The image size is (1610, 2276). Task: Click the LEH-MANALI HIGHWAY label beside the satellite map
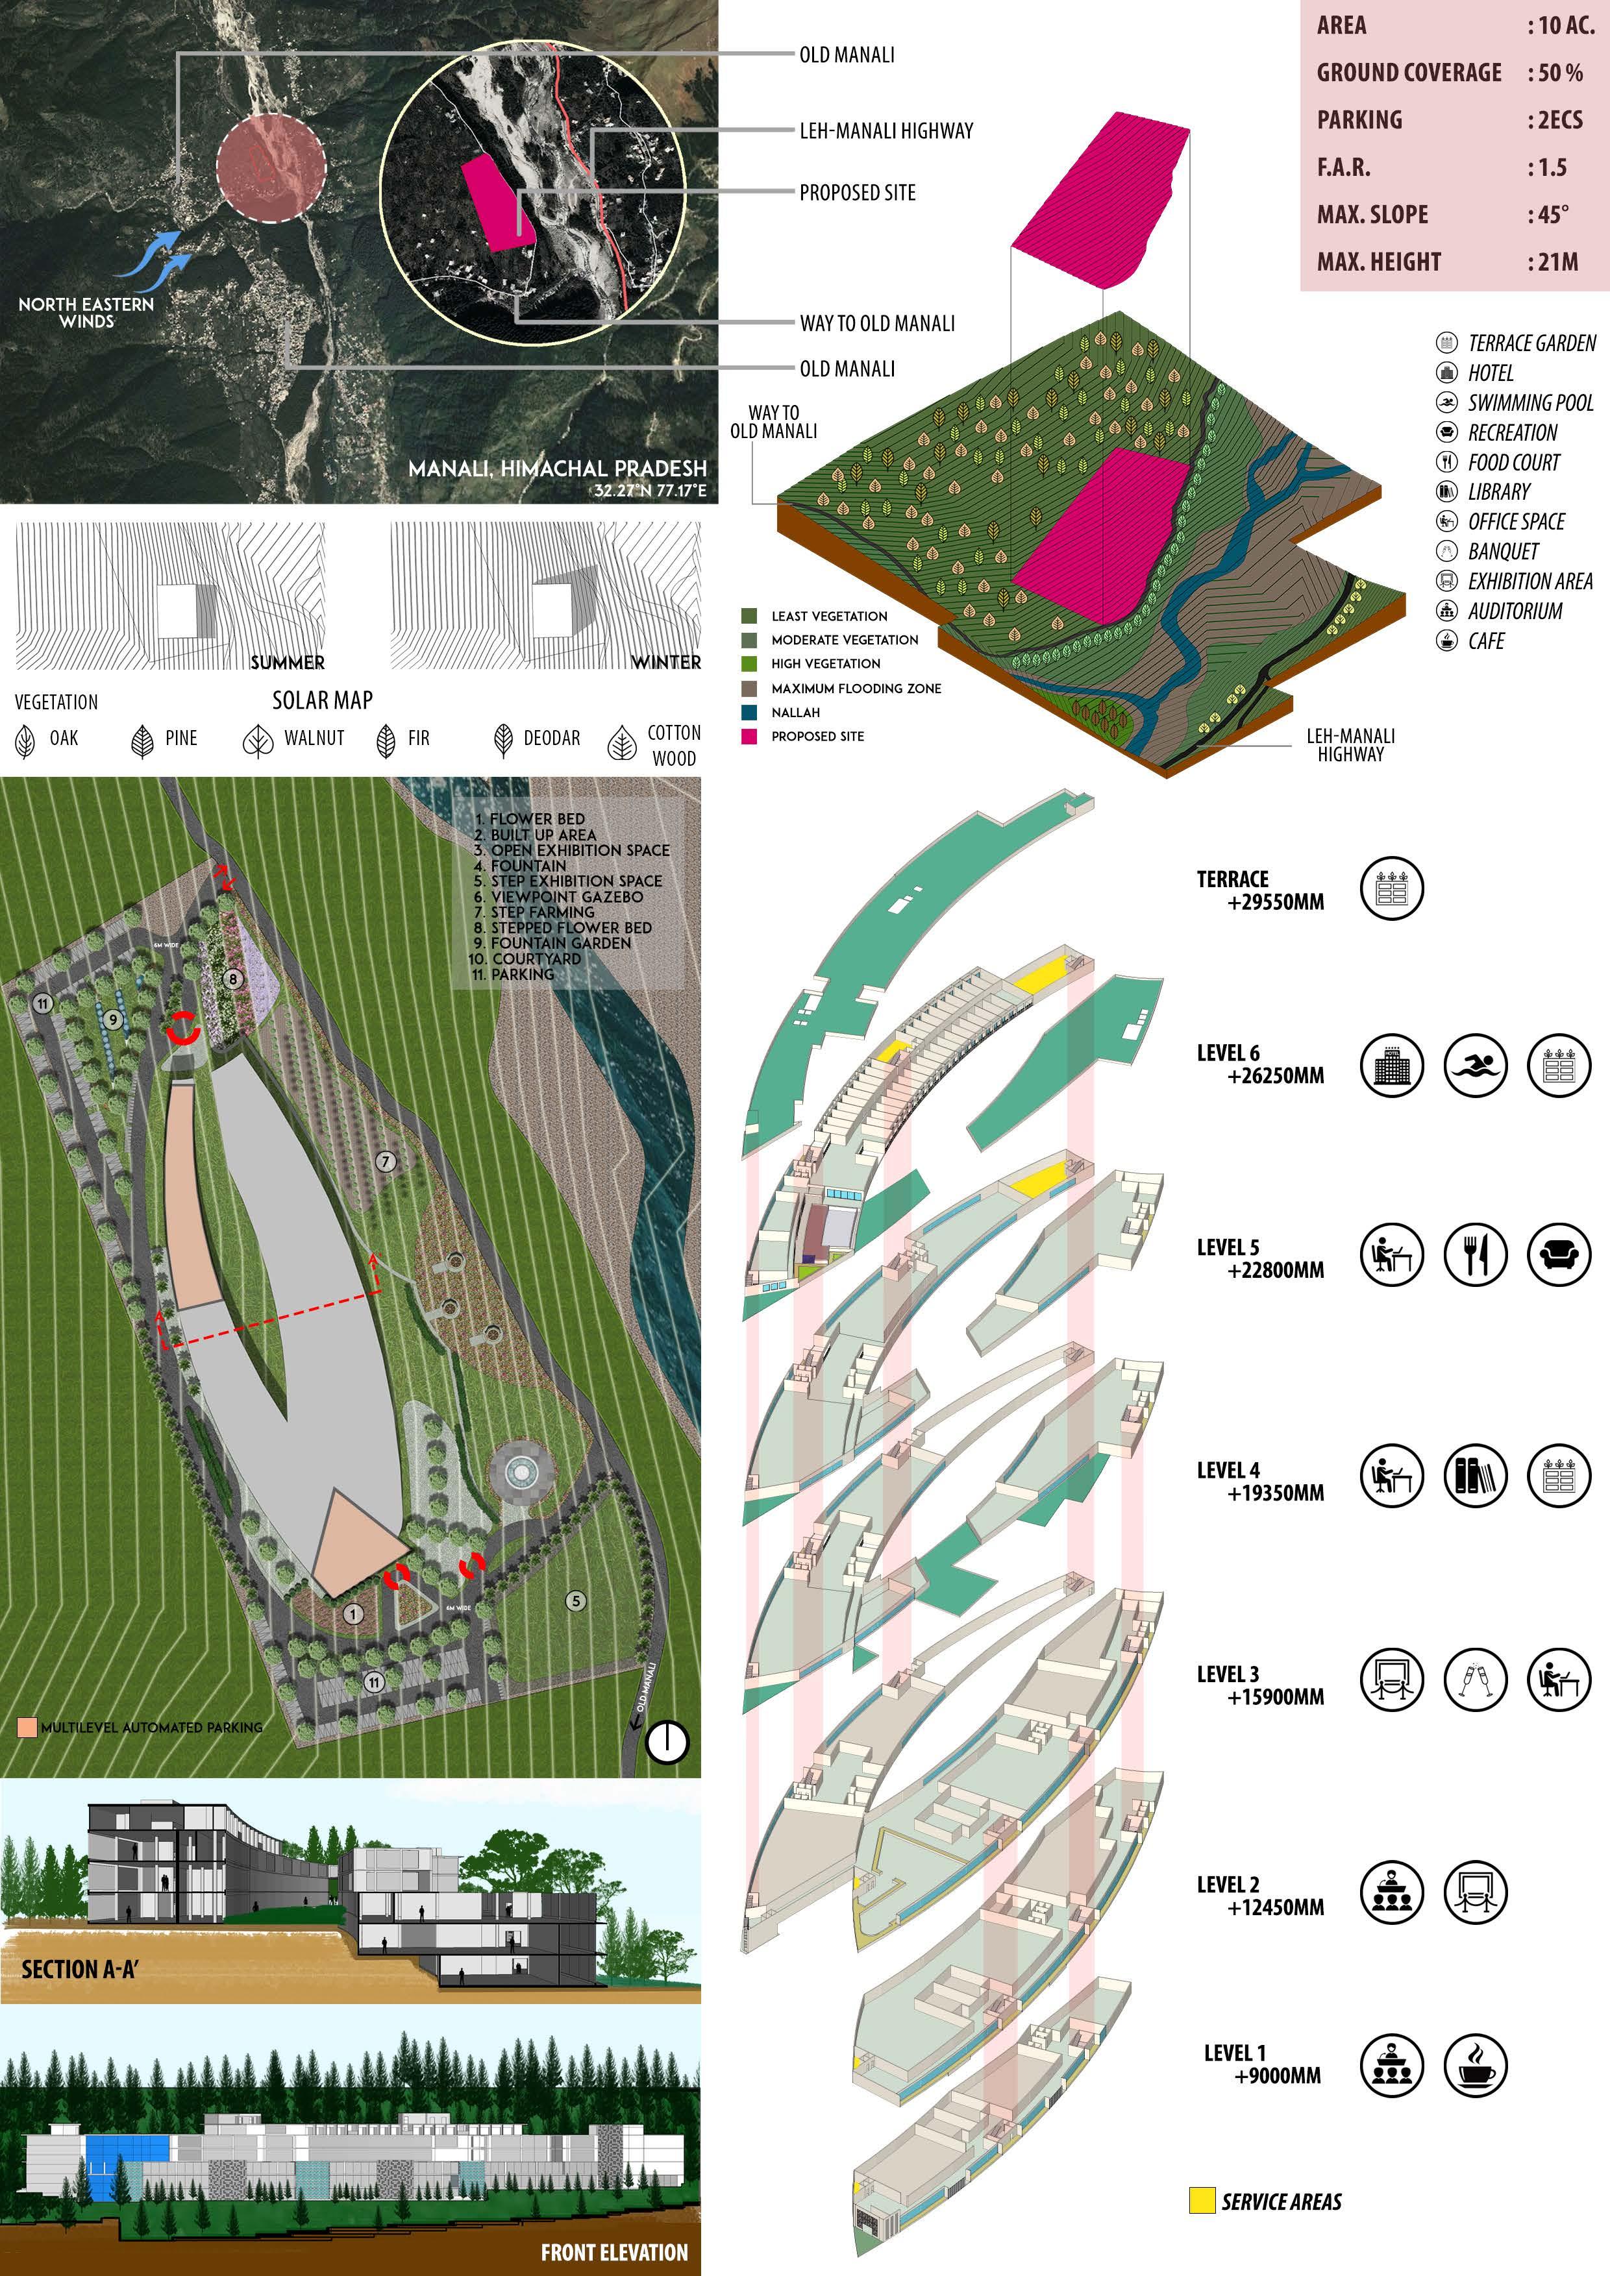(885, 131)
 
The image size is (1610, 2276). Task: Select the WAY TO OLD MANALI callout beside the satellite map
(876, 323)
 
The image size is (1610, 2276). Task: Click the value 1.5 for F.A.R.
(1552, 167)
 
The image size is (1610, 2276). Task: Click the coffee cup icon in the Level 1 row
(1475, 2066)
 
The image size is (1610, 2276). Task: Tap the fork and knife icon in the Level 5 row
(1475, 1254)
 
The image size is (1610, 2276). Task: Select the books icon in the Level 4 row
(1475, 1475)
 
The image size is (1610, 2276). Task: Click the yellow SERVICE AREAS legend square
(1202, 2201)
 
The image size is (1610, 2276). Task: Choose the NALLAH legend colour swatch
(749, 712)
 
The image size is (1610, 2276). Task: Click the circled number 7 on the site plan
(386, 1161)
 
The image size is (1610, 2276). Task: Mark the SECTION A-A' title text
(79, 1968)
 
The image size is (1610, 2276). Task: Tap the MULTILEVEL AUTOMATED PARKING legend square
(27, 1727)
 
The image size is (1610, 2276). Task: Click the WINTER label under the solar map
(666, 661)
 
